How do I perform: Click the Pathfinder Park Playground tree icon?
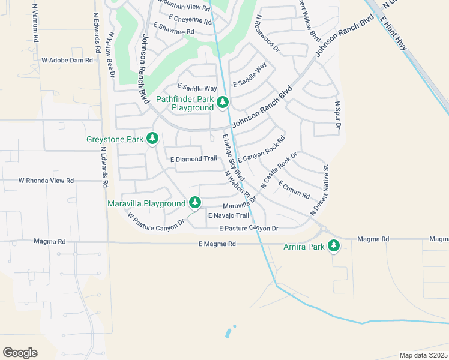pyautogui.click(x=223, y=103)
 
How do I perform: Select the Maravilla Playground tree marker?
pyautogui.click(x=194, y=203)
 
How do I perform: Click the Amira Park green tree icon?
pyautogui.click(x=334, y=245)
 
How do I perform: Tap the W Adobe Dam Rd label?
pyautogui.click(x=67, y=61)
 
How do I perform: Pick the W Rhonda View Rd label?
pyautogui.click(x=46, y=181)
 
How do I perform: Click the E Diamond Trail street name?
pyautogui.click(x=193, y=159)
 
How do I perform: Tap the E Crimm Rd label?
pyautogui.click(x=294, y=191)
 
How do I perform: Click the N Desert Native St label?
pyautogui.click(x=319, y=191)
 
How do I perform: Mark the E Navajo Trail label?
pyautogui.click(x=228, y=215)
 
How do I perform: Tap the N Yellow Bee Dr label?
pyautogui.click(x=110, y=54)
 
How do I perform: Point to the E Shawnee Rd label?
pyautogui.click(x=174, y=29)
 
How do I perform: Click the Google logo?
pyautogui.click(x=20, y=353)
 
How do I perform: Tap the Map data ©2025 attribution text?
pyautogui.click(x=423, y=355)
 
